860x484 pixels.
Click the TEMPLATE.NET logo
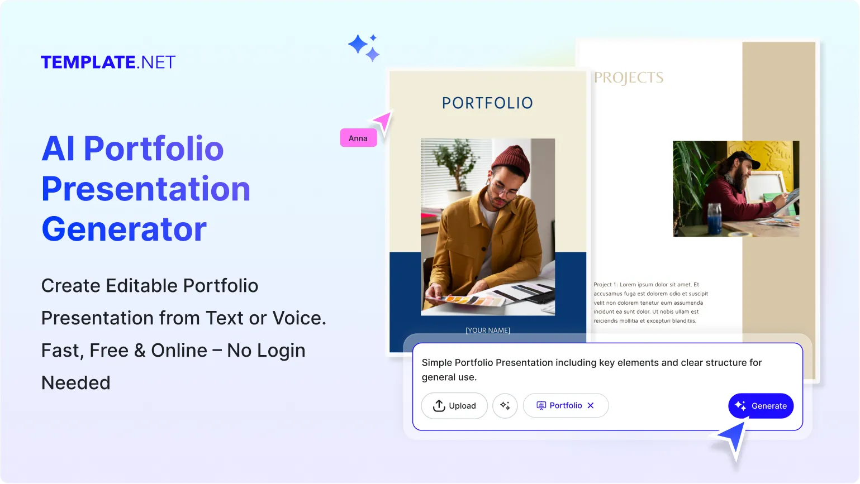pos(108,62)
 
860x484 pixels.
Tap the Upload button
pos(454,406)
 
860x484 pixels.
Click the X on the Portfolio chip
pos(591,406)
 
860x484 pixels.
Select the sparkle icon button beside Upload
pos(505,406)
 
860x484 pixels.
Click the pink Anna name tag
pos(358,138)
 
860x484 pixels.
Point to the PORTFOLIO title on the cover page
pos(487,103)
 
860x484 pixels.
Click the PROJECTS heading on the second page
pos(629,78)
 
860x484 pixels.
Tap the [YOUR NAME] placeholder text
pos(487,330)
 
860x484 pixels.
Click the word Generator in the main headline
pos(124,229)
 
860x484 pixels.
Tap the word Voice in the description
pos(298,318)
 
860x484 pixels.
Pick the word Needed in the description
pos(76,383)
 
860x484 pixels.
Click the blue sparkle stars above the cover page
pos(364,47)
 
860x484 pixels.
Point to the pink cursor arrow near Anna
pos(383,121)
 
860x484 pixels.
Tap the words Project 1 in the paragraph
pos(605,285)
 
